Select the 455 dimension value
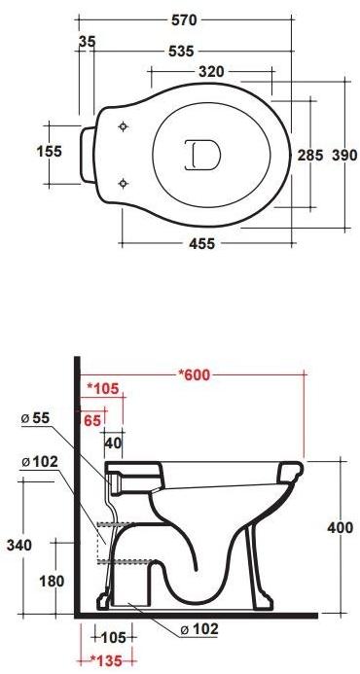pos(202,244)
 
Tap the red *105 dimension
pos(102,389)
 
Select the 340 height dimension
pos(18,545)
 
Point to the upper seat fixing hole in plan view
pos(122,127)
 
